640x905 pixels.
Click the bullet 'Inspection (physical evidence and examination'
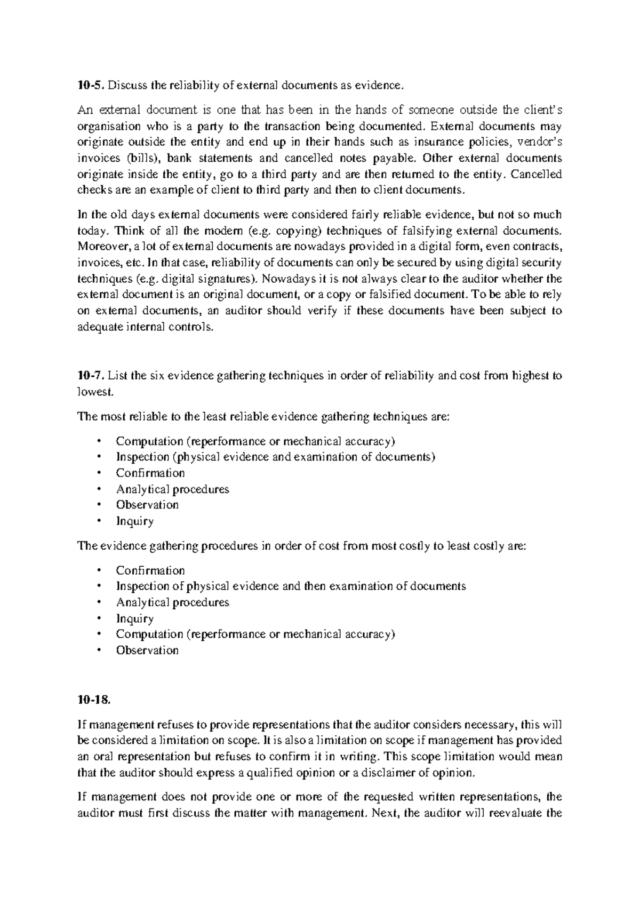click(275, 457)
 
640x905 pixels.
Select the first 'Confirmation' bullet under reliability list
click(150, 473)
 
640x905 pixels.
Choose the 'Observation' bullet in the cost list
click(147, 650)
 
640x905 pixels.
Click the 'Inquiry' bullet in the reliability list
click(135, 521)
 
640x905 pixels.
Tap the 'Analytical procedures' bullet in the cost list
click(172, 602)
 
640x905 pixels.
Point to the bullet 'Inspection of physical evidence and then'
click(291, 586)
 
